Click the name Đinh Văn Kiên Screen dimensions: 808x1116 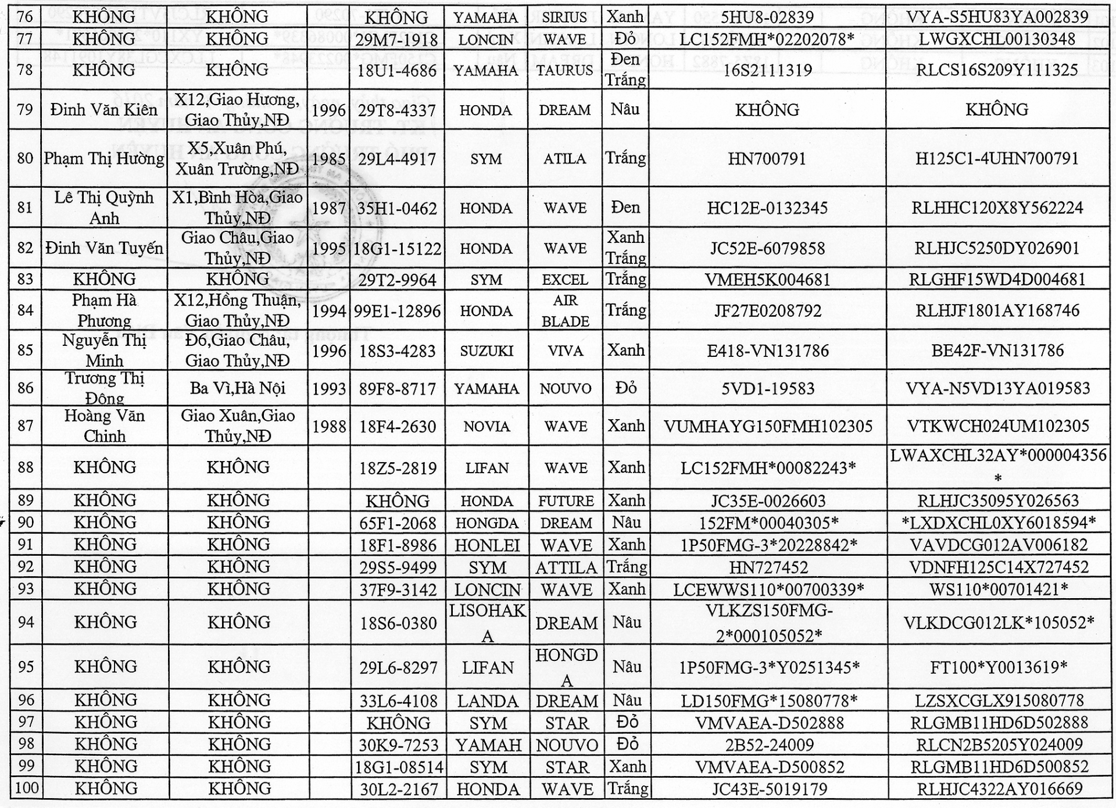click(103, 110)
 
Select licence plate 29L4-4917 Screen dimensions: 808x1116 click(397, 159)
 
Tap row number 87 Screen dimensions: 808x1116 click(25, 426)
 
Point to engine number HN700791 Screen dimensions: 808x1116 click(767, 159)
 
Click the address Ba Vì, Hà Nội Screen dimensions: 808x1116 click(237, 388)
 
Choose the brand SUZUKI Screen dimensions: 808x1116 click(487, 351)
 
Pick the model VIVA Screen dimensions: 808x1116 click(565, 351)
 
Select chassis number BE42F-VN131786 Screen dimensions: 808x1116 click(997, 351)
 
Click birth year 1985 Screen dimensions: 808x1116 click(328, 159)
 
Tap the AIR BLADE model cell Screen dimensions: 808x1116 click(565, 310)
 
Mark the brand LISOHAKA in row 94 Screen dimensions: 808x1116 click(487, 623)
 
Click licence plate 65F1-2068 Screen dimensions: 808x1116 click(397, 523)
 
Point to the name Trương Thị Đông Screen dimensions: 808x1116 click(104, 388)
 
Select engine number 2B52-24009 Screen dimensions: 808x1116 click(769, 745)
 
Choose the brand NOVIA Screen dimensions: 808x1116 click(487, 427)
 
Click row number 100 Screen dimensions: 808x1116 click(26, 789)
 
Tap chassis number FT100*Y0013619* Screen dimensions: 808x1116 click(999, 667)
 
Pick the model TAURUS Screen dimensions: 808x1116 click(565, 70)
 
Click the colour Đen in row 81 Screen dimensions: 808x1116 click(625, 208)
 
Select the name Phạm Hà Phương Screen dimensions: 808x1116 click(104, 310)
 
